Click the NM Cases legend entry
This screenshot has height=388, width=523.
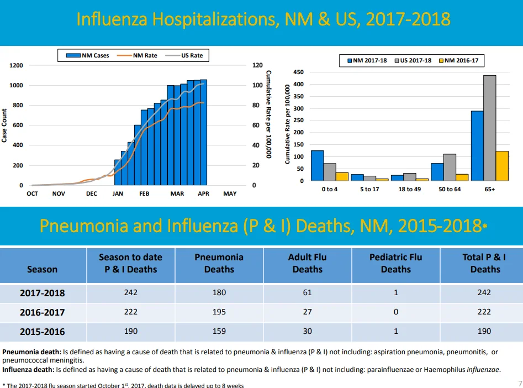(x=87, y=55)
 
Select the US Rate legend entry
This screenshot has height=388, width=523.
(x=184, y=55)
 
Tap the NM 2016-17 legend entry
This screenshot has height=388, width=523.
(x=458, y=60)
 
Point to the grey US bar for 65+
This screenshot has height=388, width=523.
(x=490, y=128)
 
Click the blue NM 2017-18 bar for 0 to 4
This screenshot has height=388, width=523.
(x=317, y=166)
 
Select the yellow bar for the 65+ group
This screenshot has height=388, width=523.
(x=502, y=166)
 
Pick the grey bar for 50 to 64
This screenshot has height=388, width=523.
(x=450, y=167)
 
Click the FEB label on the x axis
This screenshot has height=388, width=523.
(x=144, y=193)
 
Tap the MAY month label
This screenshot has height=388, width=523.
(x=230, y=193)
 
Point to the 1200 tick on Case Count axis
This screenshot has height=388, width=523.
(x=16, y=65)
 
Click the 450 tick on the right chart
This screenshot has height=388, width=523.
(x=299, y=72)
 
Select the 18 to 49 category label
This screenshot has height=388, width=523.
(x=410, y=190)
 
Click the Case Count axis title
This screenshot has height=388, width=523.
(x=4, y=125)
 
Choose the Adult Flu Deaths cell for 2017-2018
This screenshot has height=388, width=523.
(x=307, y=292)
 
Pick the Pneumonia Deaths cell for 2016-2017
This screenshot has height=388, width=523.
(x=219, y=312)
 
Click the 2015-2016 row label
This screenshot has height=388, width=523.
(x=43, y=332)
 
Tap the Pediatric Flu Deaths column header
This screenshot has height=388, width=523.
(x=395, y=263)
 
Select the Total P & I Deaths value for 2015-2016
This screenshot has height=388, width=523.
(x=484, y=331)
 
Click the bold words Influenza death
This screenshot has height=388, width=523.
(x=28, y=370)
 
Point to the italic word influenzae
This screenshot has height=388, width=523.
(x=483, y=370)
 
